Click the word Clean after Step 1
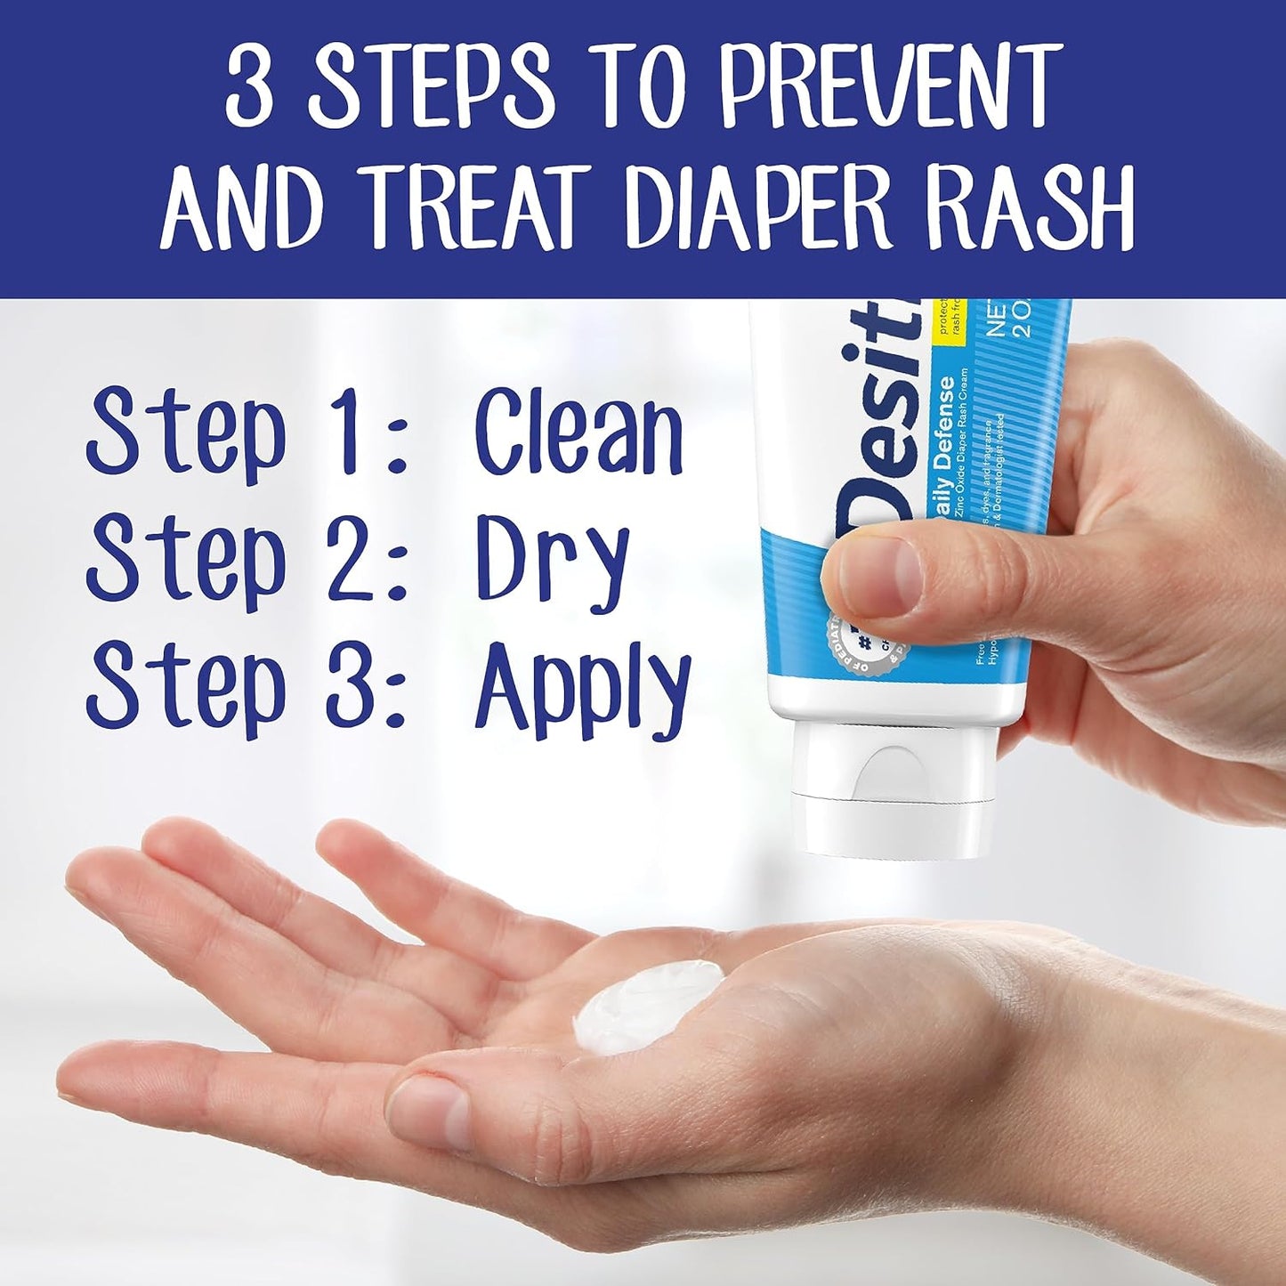coord(578,433)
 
